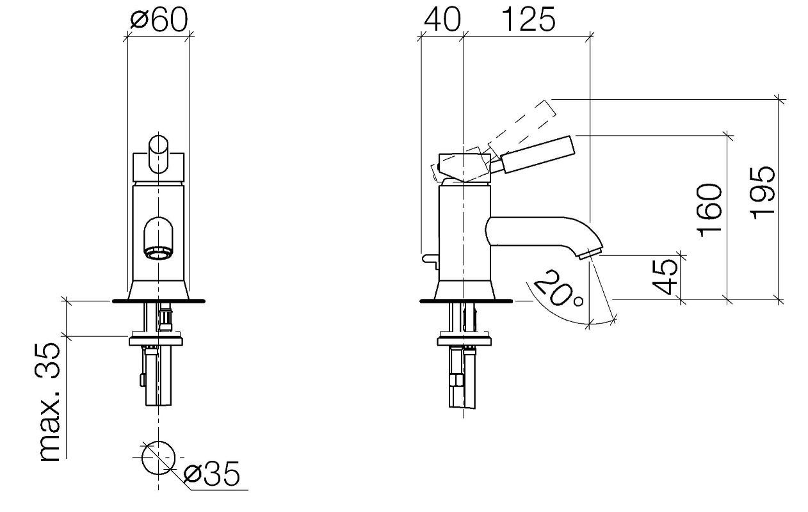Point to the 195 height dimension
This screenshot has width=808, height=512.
(x=762, y=193)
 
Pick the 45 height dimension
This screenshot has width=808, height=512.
(x=665, y=276)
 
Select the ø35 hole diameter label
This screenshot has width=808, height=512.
(x=212, y=473)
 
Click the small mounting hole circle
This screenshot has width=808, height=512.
(x=158, y=457)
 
